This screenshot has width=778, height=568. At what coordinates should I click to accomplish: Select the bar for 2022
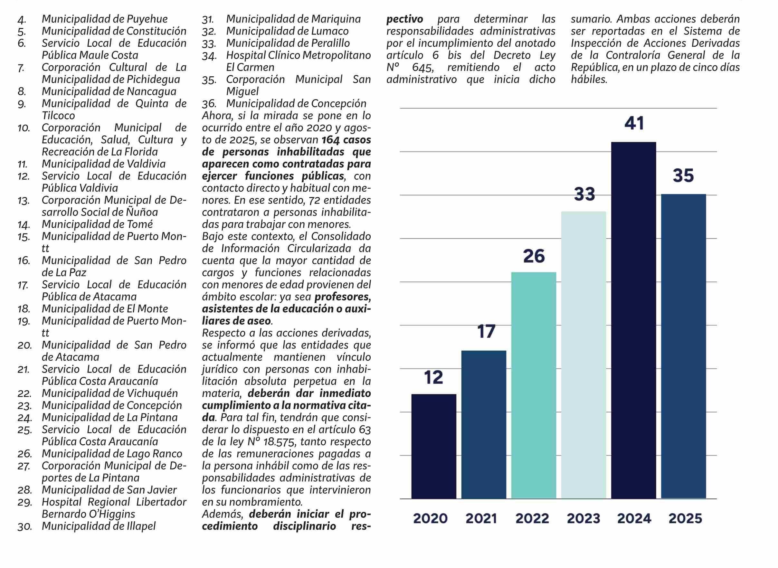pyautogui.click(x=534, y=385)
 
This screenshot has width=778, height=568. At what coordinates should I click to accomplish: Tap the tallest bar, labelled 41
pyautogui.click(x=633, y=320)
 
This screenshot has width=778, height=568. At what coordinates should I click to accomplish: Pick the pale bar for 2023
pyautogui.click(x=583, y=355)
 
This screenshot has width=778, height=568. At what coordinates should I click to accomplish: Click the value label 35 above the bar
pyautogui.click(x=683, y=175)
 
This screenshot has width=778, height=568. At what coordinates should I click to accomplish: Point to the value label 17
pyautogui.click(x=486, y=331)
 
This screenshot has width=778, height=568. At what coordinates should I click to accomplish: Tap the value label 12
pyautogui.click(x=433, y=377)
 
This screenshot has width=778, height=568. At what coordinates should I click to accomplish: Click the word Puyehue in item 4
pyautogui.click(x=147, y=19)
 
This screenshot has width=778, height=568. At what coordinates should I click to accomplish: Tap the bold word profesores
pyautogui.click(x=342, y=296)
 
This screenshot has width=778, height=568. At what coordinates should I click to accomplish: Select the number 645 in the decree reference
pyautogui.click(x=422, y=67)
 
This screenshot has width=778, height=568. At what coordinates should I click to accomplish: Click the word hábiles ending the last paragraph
pyautogui.click(x=589, y=80)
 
